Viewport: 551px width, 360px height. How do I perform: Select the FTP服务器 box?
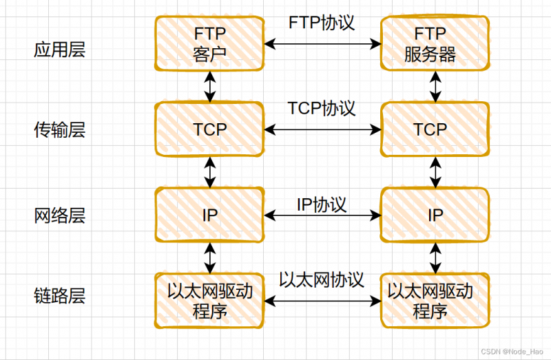click(435, 43)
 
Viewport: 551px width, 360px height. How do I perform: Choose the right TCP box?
click(435, 129)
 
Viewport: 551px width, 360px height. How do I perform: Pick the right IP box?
click(435, 215)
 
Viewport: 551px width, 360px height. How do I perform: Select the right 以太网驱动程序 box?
click(435, 301)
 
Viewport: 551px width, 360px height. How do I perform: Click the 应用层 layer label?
click(59, 50)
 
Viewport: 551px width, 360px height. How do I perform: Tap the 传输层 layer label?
click(59, 129)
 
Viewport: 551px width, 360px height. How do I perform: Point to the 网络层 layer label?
click(59, 215)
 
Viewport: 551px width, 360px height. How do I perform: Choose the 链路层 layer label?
click(59, 297)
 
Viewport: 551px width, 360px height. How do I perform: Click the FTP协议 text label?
click(322, 22)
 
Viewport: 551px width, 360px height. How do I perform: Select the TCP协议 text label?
click(322, 108)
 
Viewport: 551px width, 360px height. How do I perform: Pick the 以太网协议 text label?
click(322, 279)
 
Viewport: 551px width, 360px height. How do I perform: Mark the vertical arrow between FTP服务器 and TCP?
click(435, 85)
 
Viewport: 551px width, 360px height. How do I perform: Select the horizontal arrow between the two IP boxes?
click(322, 215)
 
